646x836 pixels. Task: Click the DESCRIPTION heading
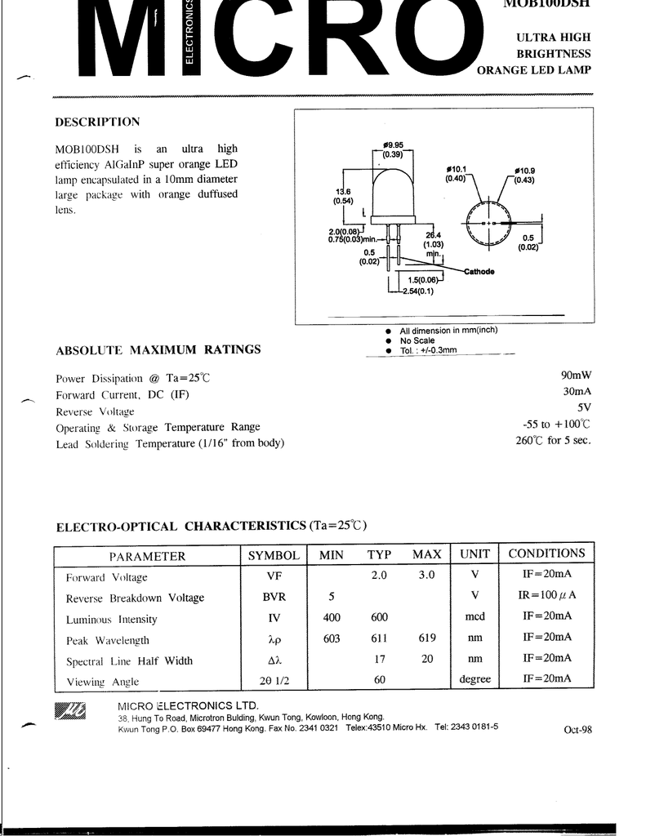click(x=97, y=122)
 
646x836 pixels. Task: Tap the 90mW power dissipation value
click(x=575, y=375)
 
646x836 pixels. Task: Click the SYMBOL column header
click(x=274, y=555)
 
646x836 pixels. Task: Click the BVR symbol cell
click(x=274, y=598)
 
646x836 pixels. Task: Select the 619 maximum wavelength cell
click(x=426, y=638)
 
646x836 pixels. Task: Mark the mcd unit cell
click(x=474, y=617)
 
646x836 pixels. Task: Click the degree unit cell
click(x=474, y=679)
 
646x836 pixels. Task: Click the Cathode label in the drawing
click(x=479, y=271)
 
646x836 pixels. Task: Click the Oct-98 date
click(x=577, y=730)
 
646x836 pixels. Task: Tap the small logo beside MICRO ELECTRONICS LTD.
click(x=69, y=711)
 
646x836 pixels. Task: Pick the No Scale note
click(x=417, y=340)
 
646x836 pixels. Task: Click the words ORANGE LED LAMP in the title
click(x=533, y=70)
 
